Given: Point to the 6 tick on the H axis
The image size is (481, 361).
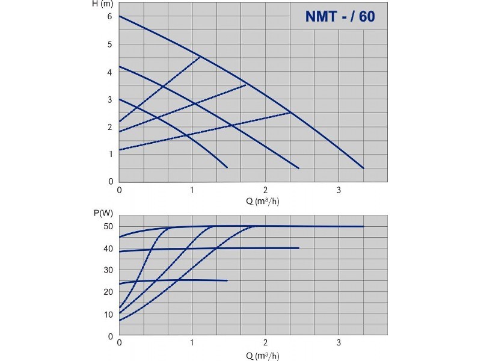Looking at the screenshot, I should [110, 16].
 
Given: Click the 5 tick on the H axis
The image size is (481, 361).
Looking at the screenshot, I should [110, 44].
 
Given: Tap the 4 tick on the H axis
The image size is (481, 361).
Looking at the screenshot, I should [110, 72].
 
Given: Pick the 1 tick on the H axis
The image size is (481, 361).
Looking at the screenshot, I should [110, 154].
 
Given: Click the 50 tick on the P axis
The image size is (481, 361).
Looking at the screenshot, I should [109, 226].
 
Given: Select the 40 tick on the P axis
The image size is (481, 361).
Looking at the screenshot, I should [109, 248].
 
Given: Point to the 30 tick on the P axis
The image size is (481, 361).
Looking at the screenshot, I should [109, 270].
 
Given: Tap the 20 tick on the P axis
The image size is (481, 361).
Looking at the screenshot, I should [109, 292].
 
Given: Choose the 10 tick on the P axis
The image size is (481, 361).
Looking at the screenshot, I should [109, 315].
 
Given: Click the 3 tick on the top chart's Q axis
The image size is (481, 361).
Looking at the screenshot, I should [339, 190].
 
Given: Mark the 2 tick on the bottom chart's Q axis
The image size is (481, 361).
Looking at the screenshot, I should [265, 342].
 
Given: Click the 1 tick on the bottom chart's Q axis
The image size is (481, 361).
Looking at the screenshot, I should [192, 342].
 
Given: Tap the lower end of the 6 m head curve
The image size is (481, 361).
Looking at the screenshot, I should [363, 168].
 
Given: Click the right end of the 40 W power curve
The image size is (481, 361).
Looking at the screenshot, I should [299, 248].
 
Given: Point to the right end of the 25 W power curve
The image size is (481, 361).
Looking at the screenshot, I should [227, 280].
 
